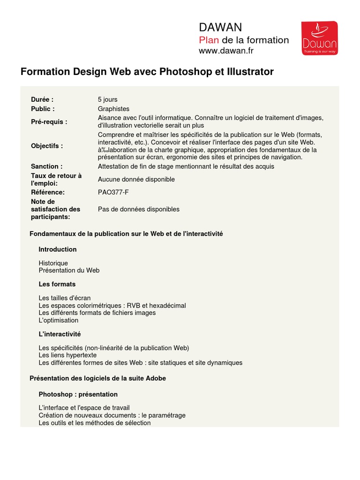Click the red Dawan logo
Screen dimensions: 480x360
tap(319, 38)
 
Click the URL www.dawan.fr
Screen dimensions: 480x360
tap(226, 51)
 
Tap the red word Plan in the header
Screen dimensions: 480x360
tap(209, 40)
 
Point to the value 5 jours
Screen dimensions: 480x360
tap(108, 99)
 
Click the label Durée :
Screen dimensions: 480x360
tap(42, 99)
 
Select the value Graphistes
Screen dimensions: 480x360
tap(113, 109)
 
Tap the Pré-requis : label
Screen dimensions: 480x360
tap(49, 122)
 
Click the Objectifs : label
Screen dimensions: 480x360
tap(47, 146)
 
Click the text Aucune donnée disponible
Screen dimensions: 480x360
tap(136, 179)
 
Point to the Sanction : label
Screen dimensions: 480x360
tap(47, 166)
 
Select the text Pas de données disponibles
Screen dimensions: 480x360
tap(139, 209)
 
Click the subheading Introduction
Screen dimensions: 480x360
tap(58, 249)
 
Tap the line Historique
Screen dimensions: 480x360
tap(53, 263)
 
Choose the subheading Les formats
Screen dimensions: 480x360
tap(57, 284)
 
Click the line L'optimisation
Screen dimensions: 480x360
tap(59, 320)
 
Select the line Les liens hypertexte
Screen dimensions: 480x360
tap(68, 355)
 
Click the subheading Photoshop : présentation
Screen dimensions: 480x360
tap(78, 394)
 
